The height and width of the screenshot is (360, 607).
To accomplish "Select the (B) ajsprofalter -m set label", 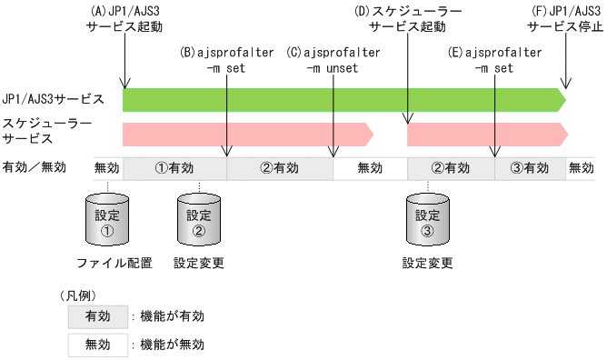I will [226, 61].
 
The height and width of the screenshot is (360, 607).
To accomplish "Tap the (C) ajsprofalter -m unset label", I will [333, 61].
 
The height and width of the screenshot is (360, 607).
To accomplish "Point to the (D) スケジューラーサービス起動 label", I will [407, 19].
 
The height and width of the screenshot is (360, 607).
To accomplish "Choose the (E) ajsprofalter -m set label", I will [494, 61].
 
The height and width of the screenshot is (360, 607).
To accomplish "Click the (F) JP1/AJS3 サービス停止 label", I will [566, 19].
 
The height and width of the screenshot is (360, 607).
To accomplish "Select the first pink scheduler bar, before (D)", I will [245, 134].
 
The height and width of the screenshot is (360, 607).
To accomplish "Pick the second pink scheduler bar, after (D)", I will [486, 134].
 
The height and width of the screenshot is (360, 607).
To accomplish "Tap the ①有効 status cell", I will [174, 168].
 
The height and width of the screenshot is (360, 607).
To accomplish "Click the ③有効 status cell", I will [529, 168].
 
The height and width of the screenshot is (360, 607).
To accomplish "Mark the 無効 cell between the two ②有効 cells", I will [370, 168].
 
